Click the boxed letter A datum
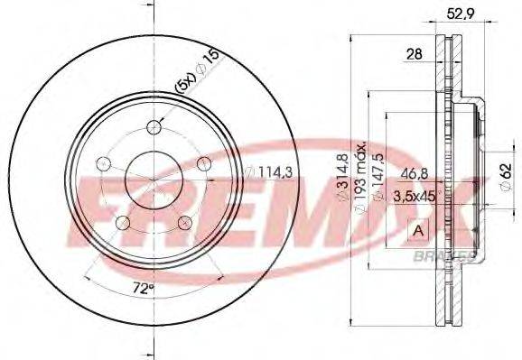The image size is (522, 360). coord(418,231)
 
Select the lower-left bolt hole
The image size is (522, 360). coord(121,222)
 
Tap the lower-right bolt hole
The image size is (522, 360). coord(184,222)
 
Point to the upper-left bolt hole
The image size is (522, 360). coord(102,163)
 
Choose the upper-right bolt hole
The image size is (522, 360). coord(204,162)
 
